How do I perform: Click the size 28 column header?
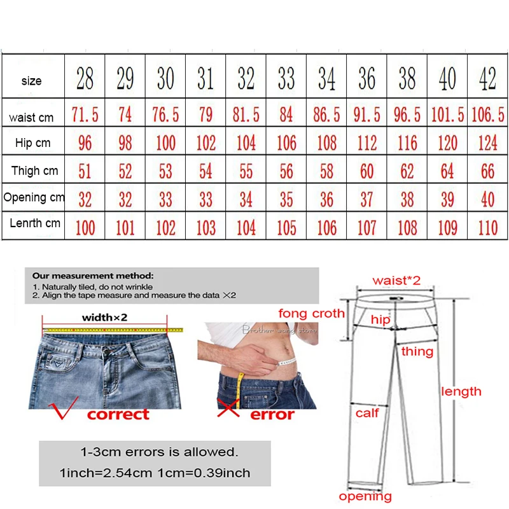pyautogui.click(x=85, y=79)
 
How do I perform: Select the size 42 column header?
pyautogui.click(x=487, y=79)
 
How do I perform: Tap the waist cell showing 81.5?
pyautogui.click(x=246, y=115)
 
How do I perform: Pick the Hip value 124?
pyautogui.click(x=487, y=143)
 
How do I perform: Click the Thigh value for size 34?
pyautogui.click(x=326, y=171)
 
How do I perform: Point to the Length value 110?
pyautogui.click(x=487, y=227)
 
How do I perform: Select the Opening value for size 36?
pyautogui.click(x=366, y=199)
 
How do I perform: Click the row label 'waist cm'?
pyautogui.click(x=31, y=118)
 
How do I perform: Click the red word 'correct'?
pyautogui.click(x=118, y=415)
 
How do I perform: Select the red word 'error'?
pyautogui.click(x=272, y=415)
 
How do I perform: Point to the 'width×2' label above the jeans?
pyautogui.click(x=104, y=318)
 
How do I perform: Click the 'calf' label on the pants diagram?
pyautogui.click(x=367, y=413)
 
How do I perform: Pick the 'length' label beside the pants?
pyautogui.click(x=461, y=392)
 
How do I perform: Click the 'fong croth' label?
pyautogui.click(x=311, y=313)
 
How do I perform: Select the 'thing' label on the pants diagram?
pyautogui.click(x=417, y=351)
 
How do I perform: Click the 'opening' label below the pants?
pyautogui.click(x=365, y=497)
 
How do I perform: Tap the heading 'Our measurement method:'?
pyautogui.click(x=93, y=276)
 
